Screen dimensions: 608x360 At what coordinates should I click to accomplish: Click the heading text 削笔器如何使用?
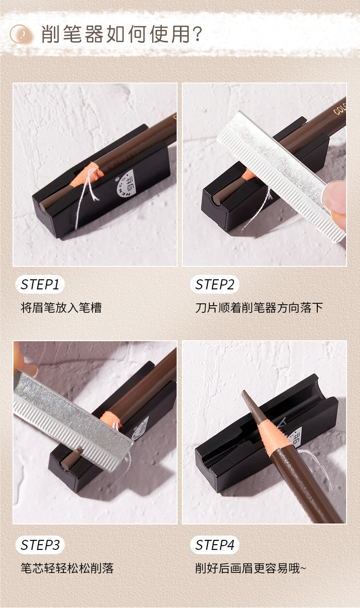click(x=122, y=35)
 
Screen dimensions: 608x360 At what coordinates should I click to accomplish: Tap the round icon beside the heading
click(x=21, y=35)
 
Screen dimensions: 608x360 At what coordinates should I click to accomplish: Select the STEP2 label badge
click(x=215, y=285)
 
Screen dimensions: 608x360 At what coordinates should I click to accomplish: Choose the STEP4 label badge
click(x=215, y=545)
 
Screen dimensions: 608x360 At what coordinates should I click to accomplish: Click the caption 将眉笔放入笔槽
click(x=61, y=308)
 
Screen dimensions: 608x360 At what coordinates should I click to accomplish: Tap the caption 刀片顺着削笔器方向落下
click(x=259, y=308)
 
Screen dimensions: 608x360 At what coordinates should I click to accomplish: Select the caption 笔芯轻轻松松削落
click(x=67, y=568)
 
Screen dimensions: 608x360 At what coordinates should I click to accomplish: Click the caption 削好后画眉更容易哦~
click(x=250, y=568)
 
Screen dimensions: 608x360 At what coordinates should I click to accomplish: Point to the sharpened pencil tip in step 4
click(x=249, y=400)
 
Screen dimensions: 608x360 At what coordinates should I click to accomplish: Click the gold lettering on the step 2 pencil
click(x=340, y=106)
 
